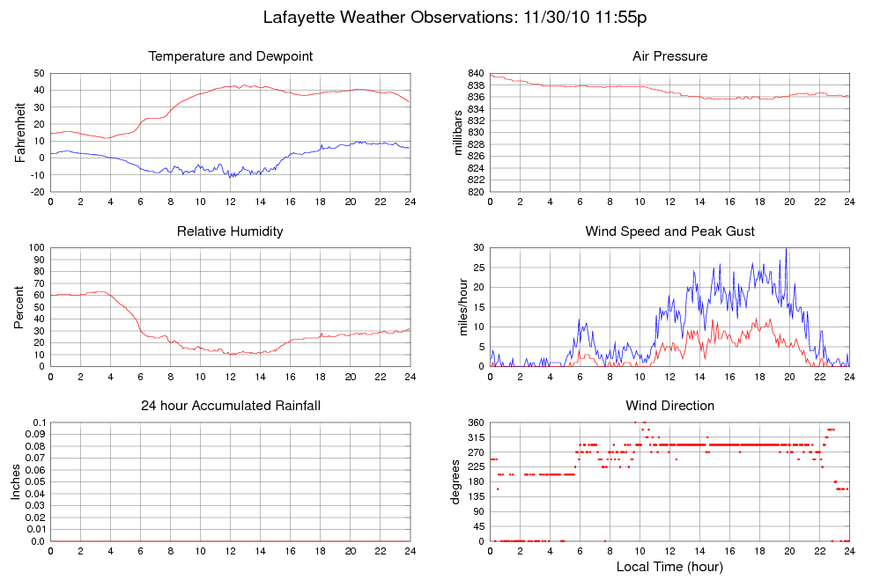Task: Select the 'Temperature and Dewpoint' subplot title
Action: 231,56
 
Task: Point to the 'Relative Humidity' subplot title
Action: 230,231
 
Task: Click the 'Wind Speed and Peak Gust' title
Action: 669,231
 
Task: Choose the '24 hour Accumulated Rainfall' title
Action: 230,406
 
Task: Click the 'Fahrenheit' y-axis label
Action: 20,132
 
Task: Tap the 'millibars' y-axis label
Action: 459,132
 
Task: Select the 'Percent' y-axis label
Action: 20,307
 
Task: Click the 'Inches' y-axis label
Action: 16,481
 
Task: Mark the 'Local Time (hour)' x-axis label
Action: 669,566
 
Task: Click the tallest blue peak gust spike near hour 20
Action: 786,249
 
